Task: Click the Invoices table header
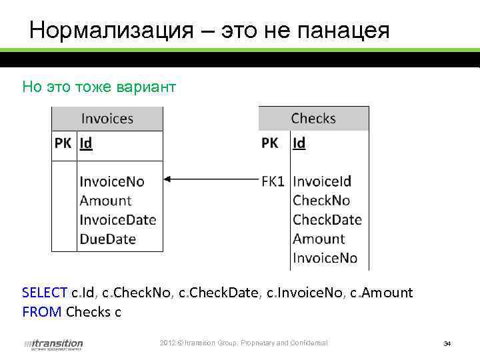click(x=107, y=119)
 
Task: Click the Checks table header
click(x=313, y=119)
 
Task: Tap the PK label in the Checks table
click(x=270, y=143)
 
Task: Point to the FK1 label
click(x=273, y=181)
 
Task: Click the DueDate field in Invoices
click(x=107, y=239)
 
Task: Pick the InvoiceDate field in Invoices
click(x=118, y=219)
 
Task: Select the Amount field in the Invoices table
click(x=105, y=200)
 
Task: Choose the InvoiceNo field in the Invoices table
click(x=112, y=181)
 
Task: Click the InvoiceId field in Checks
click(x=322, y=181)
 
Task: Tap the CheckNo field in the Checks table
click(x=321, y=200)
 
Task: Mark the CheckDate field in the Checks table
click(x=327, y=219)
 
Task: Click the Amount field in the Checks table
click(x=319, y=239)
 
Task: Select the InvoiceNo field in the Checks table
click(x=325, y=258)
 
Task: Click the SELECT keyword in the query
click(x=45, y=293)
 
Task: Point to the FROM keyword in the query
click(x=41, y=311)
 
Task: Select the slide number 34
click(x=447, y=344)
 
